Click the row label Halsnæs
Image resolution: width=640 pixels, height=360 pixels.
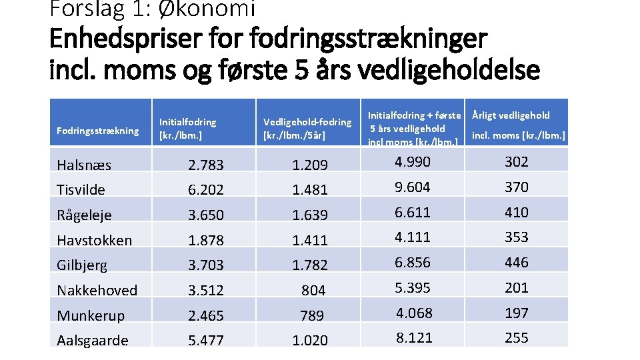(x=84, y=165)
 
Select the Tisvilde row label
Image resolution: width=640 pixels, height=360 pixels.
(x=81, y=190)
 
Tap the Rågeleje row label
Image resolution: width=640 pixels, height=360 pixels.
(x=84, y=215)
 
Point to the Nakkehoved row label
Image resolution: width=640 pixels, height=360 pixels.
(x=97, y=290)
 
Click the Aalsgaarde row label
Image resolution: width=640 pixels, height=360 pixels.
(x=93, y=341)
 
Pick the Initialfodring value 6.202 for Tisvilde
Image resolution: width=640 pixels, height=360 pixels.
(x=206, y=190)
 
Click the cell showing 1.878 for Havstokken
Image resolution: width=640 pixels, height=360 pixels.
(x=206, y=240)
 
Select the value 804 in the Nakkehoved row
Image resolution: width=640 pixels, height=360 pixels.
(x=313, y=290)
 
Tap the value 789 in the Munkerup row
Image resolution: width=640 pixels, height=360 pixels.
(x=312, y=315)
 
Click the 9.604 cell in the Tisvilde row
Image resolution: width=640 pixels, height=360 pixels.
(x=412, y=187)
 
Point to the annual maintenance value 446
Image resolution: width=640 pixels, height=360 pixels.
(x=516, y=262)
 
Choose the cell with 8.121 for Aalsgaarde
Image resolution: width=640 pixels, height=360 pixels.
(x=414, y=337)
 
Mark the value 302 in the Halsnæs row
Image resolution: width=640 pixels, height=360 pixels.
(x=516, y=161)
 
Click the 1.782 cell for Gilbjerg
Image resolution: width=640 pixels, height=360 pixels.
(x=310, y=265)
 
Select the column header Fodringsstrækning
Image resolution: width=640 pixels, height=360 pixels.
(x=97, y=131)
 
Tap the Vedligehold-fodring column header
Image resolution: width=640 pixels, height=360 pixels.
(x=307, y=128)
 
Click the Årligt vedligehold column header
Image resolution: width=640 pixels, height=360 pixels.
(x=519, y=125)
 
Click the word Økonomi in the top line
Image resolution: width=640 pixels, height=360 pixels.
(x=207, y=9)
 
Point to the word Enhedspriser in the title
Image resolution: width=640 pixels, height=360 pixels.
(x=126, y=39)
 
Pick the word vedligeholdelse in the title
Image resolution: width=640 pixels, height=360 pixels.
(x=449, y=70)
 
